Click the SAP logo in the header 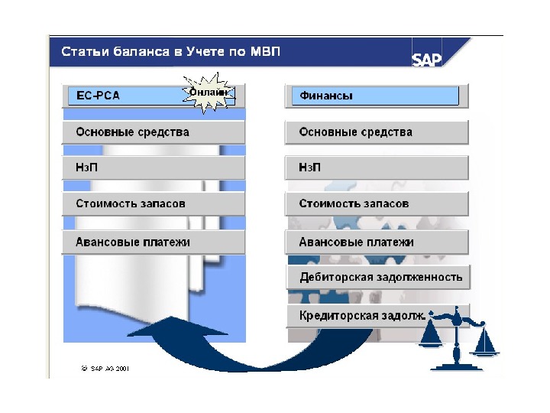427,59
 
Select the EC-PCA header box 122,96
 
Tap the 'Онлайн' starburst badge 208,93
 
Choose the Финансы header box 375,96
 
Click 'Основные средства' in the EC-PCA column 153,132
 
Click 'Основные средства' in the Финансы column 376,132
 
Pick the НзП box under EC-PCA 153,167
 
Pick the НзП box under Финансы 376,167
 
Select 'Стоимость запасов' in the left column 153,204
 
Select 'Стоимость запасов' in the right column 376,204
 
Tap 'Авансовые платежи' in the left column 153,242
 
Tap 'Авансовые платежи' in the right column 376,242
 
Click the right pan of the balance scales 485,348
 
